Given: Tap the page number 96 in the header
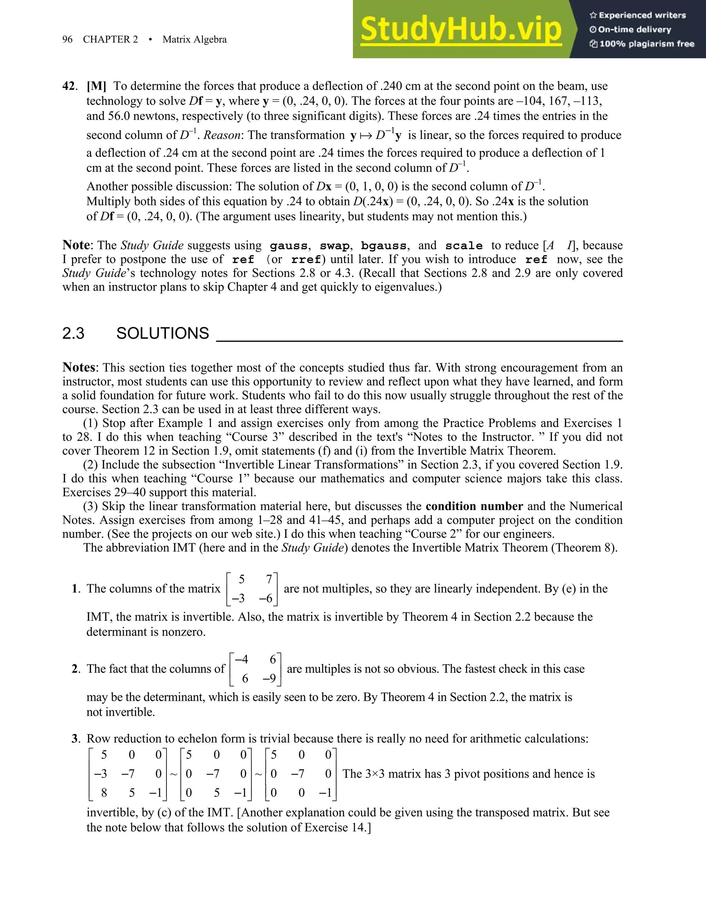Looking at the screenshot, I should tap(67, 39).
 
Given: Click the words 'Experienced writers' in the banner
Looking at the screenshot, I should tap(642, 16).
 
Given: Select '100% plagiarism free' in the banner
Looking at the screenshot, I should tap(647, 44).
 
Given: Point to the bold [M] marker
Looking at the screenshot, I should tap(96, 86).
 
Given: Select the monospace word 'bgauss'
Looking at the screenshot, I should tap(384, 246).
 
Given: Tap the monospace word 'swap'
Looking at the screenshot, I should tap(335, 246).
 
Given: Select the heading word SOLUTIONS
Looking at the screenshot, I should tap(162, 334).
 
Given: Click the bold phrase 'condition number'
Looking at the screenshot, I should tap(474, 506).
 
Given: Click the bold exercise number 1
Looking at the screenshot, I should tap(75, 589).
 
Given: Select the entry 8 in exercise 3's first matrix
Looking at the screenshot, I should tap(104, 793).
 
